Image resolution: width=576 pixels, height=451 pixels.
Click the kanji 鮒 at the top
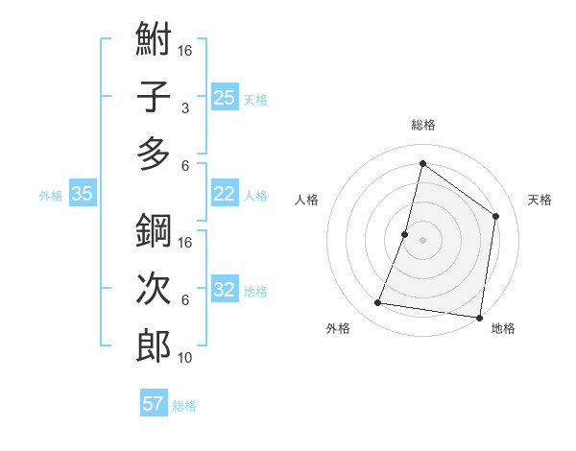point(154,40)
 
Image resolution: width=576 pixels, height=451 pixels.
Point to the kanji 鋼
point(154,232)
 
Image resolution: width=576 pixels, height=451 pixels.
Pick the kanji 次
point(154,289)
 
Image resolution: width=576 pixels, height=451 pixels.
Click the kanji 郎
point(154,345)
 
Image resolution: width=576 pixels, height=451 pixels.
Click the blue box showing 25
point(225,98)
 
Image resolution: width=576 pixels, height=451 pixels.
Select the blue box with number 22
point(225,194)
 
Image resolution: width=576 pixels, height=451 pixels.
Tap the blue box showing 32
point(225,291)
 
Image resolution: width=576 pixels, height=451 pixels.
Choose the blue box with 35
point(83,194)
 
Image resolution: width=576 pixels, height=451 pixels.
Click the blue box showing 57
point(154,404)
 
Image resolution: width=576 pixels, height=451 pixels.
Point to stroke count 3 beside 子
point(184,108)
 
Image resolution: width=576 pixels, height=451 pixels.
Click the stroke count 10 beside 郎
point(185,357)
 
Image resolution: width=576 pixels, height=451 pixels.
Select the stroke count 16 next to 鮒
point(185,51)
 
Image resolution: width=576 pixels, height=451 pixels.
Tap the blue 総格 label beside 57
point(184,406)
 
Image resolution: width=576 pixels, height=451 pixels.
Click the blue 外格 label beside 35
point(51,195)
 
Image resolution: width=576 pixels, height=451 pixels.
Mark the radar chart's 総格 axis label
point(422,125)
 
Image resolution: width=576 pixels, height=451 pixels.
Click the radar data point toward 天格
point(496,216)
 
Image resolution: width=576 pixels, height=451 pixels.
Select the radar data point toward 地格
point(478,318)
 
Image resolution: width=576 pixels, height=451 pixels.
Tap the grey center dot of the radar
point(422,240)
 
